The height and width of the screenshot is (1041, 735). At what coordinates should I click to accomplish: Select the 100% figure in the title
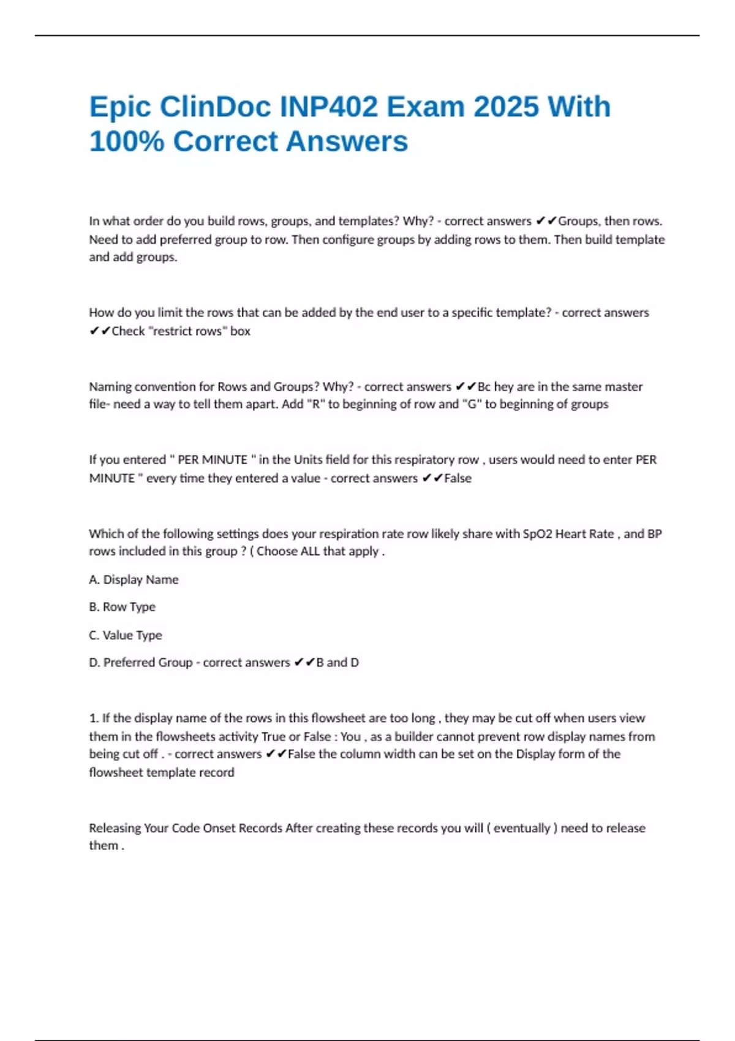(127, 141)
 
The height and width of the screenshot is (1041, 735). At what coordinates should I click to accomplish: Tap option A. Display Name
(134, 579)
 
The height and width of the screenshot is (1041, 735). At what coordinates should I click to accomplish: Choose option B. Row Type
(122, 607)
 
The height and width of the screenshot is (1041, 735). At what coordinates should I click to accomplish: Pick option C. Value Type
(126, 635)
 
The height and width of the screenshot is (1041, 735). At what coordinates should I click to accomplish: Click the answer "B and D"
(337, 663)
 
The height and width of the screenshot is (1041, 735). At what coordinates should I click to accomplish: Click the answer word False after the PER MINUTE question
(458, 478)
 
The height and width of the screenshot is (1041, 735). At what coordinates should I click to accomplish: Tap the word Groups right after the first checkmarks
(578, 221)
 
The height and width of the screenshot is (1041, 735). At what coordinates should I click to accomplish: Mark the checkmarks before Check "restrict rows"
(99, 331)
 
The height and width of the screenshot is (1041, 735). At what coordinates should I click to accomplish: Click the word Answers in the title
(347, 141)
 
